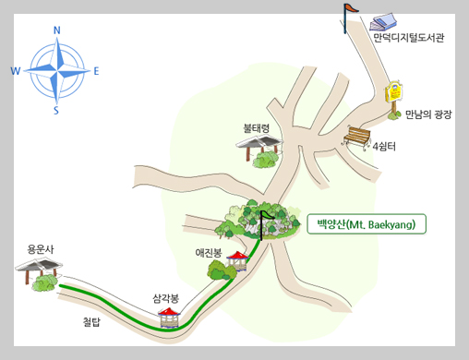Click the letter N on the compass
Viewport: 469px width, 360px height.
coord(57,30)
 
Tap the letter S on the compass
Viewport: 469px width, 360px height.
coord(56,111)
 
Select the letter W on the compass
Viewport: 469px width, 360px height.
coord(15,71)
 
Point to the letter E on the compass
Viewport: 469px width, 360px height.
coord(97,70)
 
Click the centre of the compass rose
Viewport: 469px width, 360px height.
coord(56,71)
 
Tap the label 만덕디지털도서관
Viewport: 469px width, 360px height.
coord(409,39)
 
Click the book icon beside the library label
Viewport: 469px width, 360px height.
coord(383,21)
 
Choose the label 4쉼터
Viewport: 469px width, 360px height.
coord(384,146)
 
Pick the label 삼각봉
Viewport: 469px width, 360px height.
coord(166,298)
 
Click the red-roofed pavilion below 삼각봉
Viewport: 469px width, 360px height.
coord(169,318)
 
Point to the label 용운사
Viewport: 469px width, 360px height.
coord(41,248)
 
